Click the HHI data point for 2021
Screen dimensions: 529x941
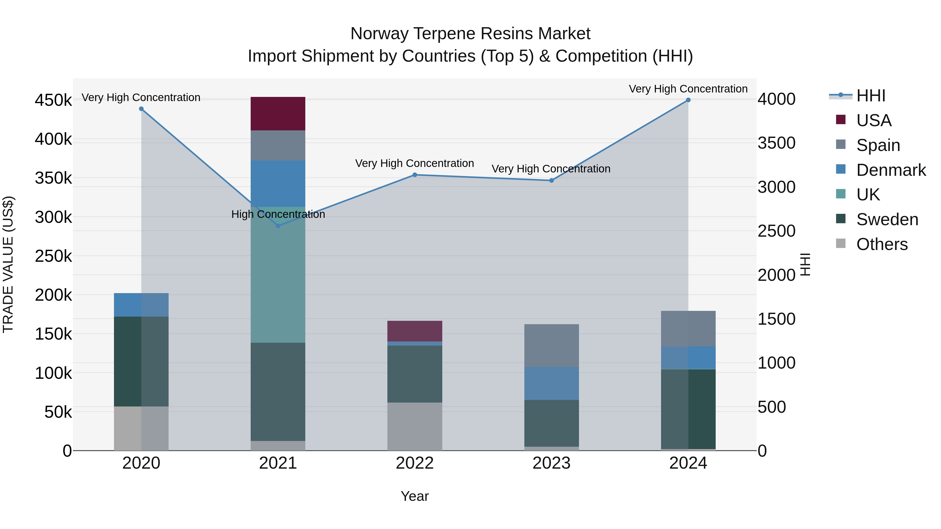point(278,226)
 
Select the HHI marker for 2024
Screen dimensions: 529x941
point(688,100)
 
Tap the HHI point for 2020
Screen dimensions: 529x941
point(141,109)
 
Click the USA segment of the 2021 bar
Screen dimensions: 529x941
point(278,114)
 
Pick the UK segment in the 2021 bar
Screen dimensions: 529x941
point(278,275)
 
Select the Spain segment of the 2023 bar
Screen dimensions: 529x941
point(552,345)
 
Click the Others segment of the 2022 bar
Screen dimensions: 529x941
point(415,426)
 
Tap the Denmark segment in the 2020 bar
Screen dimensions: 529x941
point(141,305)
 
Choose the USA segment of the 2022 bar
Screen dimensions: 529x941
point(415,331)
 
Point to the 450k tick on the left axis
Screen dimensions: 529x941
point(53,100)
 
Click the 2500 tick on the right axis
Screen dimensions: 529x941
point(777,231)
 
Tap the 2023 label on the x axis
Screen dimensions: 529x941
point(552,463)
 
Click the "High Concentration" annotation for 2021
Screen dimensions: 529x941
point(278,214)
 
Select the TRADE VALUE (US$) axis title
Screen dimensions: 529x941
point(8,264)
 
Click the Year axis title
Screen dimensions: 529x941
point(415,496)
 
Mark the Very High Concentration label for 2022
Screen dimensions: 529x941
point(415,163)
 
